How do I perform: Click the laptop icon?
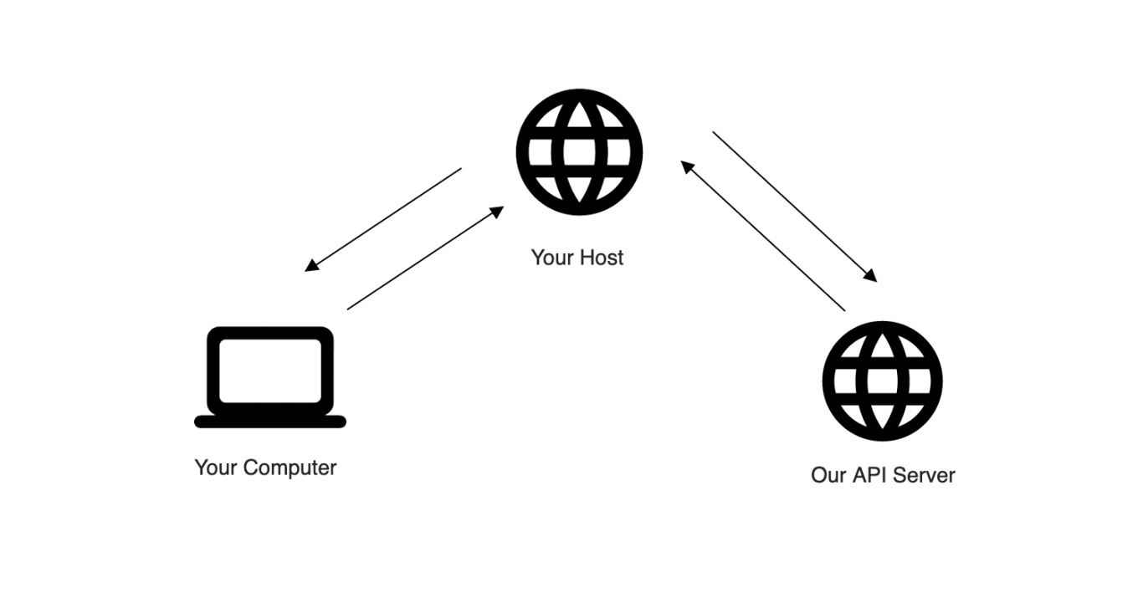[x=269, y=376]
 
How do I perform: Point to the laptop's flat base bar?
[x=269, y=421]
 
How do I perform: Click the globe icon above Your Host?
[x=579, y=153]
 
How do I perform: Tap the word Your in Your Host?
[x=550, y=257]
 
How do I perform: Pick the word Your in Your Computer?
[x=213, y=467]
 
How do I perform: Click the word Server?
[x=925, y=475]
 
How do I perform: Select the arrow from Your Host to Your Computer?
[x=383, y=219]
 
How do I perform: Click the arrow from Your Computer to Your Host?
[x=425, y=258]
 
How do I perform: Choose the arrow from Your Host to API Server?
[x=794, y=207]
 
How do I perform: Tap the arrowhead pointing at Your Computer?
[x=310, y=266]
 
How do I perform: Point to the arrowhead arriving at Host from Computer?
[x=498, y=211]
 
